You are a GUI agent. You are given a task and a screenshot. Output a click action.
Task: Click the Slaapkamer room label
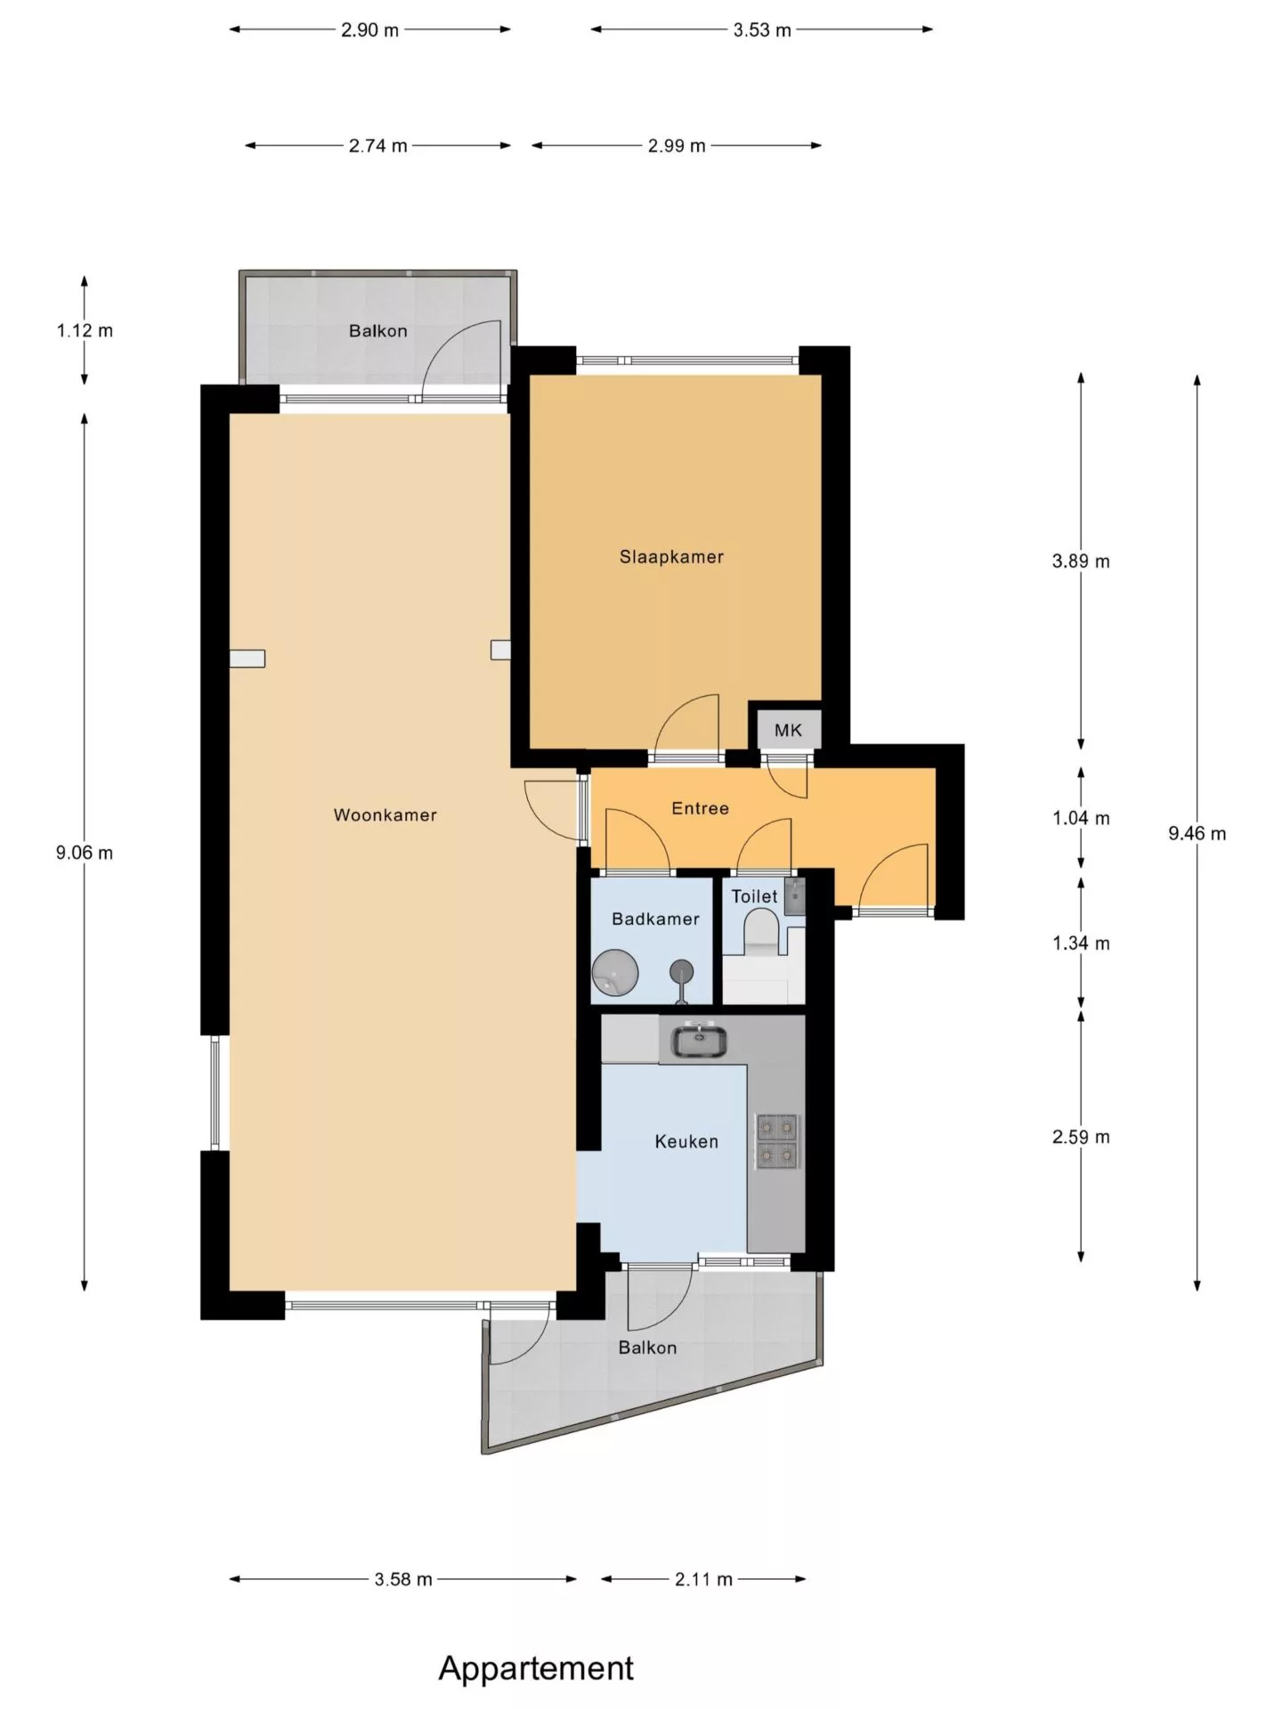(x=671, y=557)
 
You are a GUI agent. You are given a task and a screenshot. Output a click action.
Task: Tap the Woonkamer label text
(x=385, y=814)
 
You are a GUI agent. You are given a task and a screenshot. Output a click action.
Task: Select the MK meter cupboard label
(x=788, y=731)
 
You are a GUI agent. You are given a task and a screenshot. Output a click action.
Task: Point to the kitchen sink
(x=700, y=1041)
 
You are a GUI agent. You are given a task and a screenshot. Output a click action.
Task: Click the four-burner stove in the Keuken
(x=776, y=1142)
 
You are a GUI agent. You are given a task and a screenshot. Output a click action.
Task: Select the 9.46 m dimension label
(x=1197, y=834)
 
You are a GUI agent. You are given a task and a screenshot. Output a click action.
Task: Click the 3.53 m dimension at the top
(x=762, y=30)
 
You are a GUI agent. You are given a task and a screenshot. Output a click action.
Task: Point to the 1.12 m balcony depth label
(x=85, y=331)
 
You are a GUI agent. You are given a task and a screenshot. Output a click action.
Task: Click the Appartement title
(x=536, y=1668)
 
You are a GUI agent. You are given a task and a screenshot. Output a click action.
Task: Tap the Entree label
(x=701, y=808)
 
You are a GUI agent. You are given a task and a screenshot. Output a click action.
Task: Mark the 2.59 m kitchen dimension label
(x=1081, y=1137)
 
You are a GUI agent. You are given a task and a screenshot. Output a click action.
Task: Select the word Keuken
(x=686, y=1141)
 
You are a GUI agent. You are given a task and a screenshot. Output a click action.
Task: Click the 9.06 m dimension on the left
(x=85, y=853)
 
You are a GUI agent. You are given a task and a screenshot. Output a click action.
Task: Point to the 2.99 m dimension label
(x=677, y=146)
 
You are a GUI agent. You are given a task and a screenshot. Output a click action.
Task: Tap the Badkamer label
(x=655, y=919)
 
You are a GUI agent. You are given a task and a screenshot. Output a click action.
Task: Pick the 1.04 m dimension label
(x=1081, y=818)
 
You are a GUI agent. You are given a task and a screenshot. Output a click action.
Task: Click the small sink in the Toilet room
(x=795, y=896)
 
